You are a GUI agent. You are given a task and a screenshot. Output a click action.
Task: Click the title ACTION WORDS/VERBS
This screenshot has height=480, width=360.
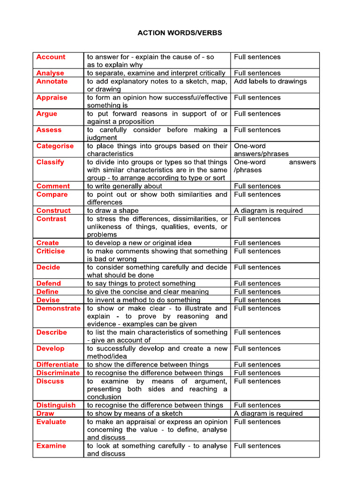180,33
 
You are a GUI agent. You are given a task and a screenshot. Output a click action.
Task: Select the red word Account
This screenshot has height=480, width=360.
51,57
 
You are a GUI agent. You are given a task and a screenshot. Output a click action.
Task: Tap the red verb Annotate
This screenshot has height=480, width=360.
52,81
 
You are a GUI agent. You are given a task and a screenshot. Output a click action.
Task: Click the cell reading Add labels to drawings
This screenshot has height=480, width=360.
270,81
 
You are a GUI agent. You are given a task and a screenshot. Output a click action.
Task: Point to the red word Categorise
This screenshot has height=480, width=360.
55,146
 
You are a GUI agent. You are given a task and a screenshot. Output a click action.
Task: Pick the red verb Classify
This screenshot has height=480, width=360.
50,162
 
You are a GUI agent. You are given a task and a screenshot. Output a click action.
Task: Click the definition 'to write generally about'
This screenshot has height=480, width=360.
124,186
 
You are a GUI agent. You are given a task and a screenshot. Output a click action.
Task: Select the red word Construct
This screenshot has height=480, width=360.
53,210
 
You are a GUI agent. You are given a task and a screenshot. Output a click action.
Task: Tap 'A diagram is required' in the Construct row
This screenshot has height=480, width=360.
268,210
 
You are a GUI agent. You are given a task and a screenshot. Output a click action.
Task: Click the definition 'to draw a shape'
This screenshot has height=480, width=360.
112,210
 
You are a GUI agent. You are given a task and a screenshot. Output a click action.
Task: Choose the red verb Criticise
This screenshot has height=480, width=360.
51,251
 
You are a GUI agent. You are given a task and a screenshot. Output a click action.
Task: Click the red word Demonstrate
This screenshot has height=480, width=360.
58,308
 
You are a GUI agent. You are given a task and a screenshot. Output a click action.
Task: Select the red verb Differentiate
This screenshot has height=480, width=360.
57,364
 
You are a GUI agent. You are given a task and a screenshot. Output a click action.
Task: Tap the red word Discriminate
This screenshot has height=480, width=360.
58,373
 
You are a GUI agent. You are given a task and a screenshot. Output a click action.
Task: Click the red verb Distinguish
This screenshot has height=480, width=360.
56,405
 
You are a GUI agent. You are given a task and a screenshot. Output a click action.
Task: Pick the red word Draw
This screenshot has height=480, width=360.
45,413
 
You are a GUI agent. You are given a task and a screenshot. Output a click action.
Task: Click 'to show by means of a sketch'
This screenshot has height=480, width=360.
135,413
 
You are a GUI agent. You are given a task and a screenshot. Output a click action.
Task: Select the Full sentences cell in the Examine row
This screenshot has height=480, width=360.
257,446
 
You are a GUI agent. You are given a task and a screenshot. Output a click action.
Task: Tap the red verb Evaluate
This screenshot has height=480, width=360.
51,421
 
